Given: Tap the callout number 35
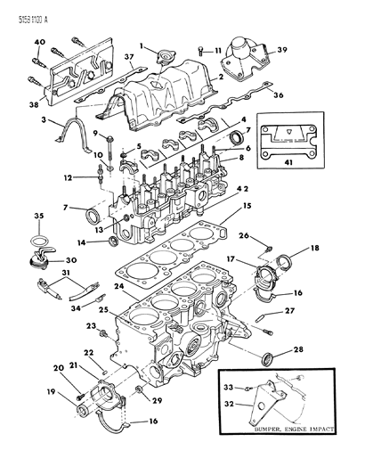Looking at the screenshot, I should (38, 216).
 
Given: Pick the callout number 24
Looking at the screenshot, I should (118, 287).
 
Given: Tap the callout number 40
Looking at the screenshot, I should (39, 43).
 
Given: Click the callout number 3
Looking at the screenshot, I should (56, 119).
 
